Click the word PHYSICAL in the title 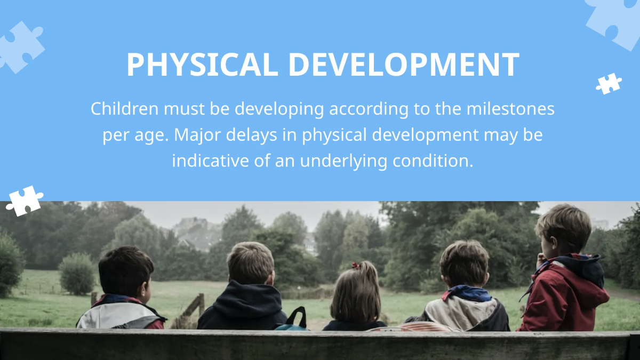202,65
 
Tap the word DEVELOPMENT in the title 404,65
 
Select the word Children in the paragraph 125,109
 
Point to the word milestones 510,109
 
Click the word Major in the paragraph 199,134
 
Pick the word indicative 210,161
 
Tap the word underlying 343,161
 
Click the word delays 251,135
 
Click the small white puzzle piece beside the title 609,84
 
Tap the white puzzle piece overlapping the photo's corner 25,201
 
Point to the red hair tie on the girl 356,266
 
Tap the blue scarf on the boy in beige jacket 469,293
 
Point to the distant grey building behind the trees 198,233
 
